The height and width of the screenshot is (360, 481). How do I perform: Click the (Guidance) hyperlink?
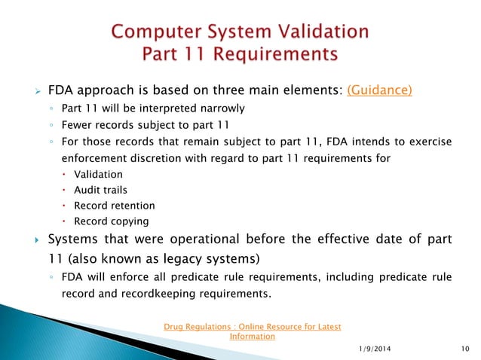click(379, 90)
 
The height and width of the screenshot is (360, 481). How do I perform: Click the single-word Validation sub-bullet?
click(99, 174)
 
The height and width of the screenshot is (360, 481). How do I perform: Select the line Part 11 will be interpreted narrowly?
click(153, 108)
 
